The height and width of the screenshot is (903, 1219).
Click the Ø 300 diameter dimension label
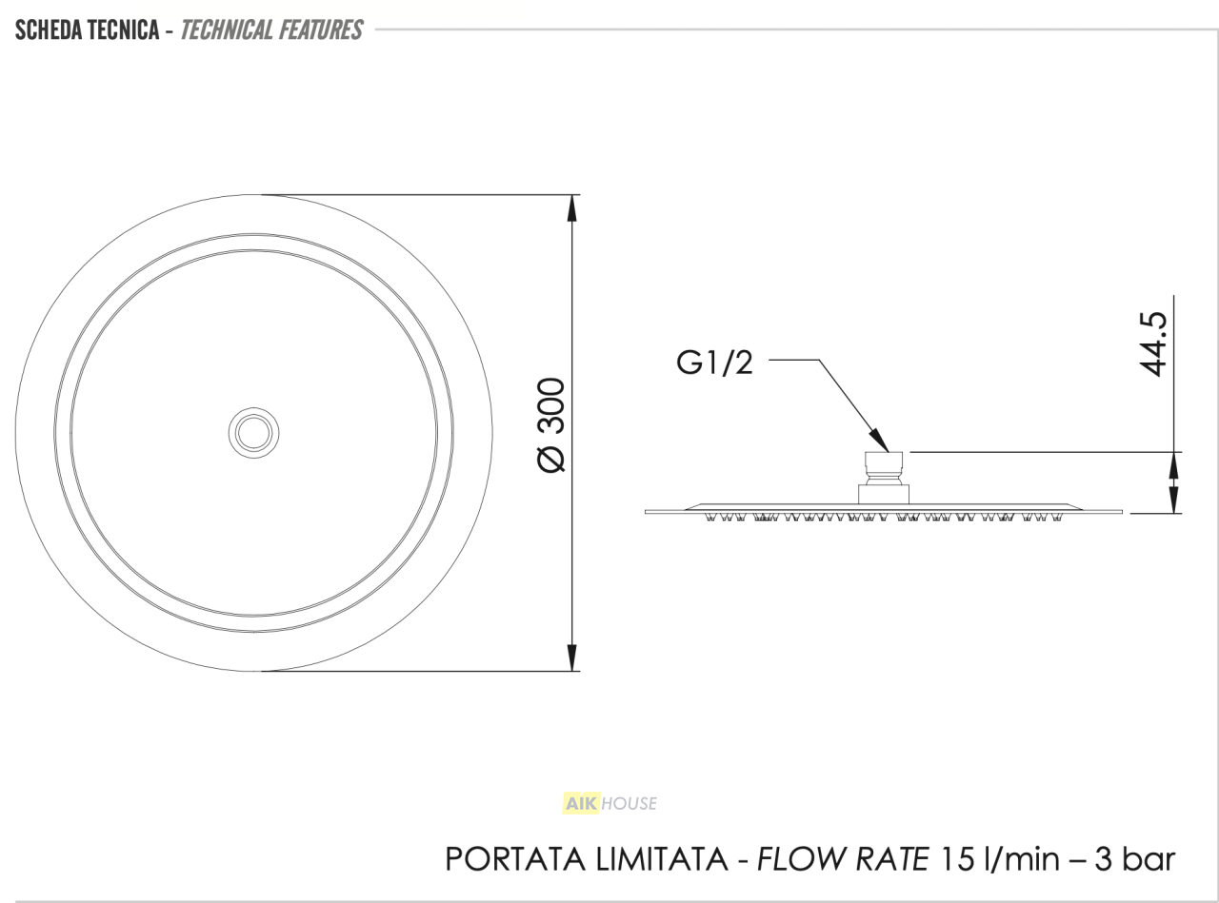(551, 424)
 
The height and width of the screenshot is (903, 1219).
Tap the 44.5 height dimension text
(1152, 344)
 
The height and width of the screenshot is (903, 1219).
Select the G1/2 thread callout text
(714, 363)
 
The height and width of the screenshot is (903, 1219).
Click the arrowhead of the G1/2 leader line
(879, 441)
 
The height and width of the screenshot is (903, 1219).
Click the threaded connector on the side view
(883, 468)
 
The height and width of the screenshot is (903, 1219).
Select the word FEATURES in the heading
(319, 30)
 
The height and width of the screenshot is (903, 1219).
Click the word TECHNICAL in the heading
(226, 30)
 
